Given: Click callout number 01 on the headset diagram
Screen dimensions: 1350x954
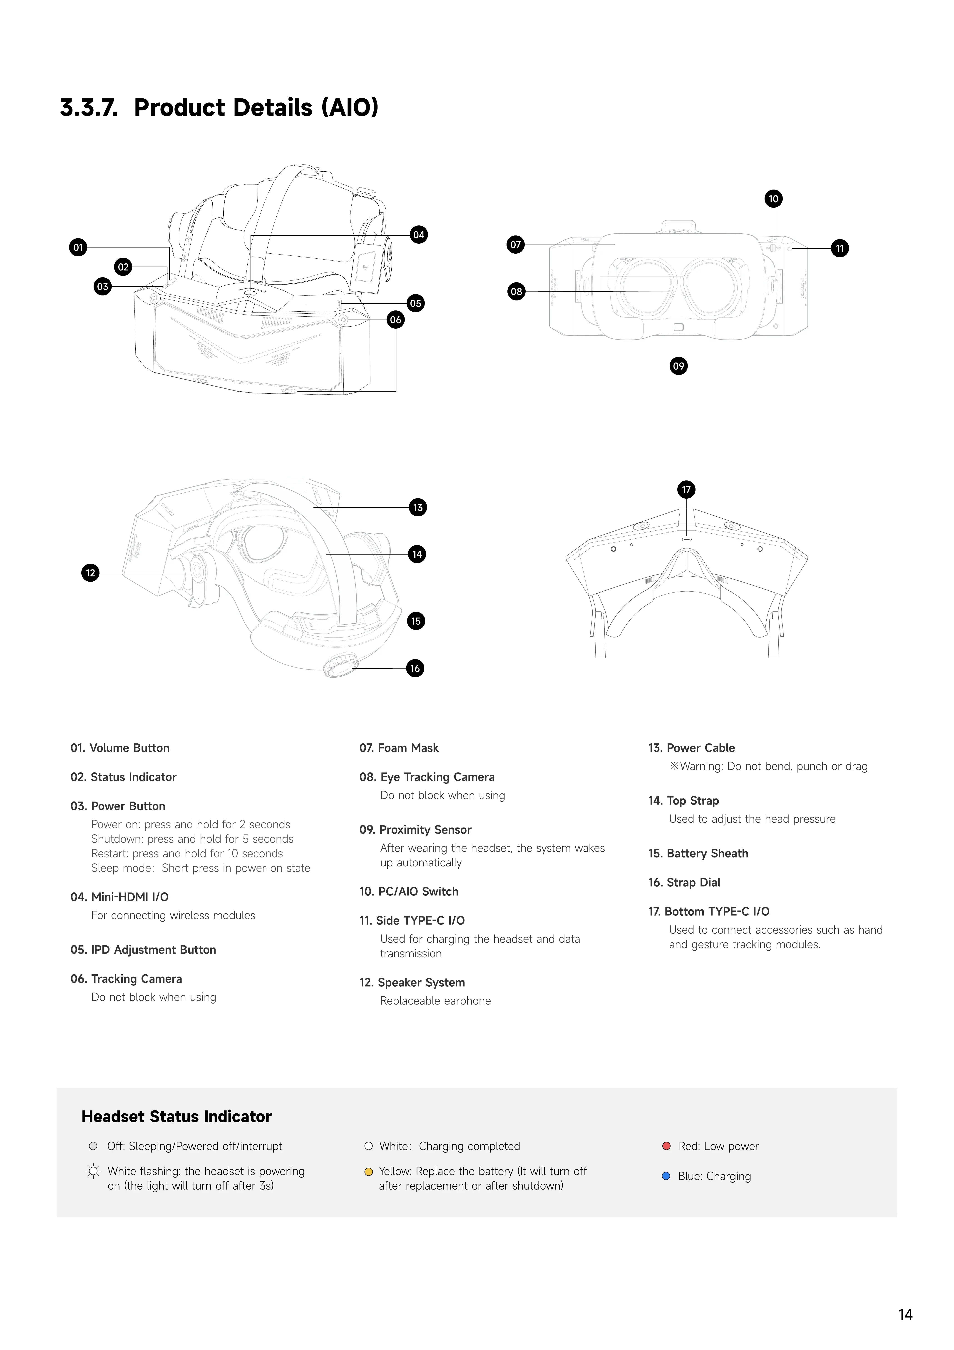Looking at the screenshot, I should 78,247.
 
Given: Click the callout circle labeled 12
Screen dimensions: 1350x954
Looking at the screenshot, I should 90,573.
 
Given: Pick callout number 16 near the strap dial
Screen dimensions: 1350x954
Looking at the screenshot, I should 415,669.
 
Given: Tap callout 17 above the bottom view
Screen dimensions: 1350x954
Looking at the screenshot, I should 686,490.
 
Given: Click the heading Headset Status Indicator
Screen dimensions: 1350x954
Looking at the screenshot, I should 176,1117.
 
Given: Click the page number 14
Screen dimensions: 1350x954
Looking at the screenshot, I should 905,1315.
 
